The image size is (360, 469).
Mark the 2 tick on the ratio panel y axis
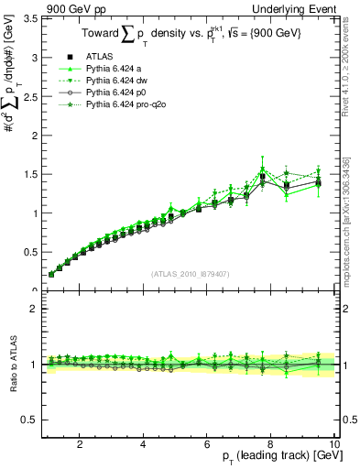pyautogui.click(x=33, y=309)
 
